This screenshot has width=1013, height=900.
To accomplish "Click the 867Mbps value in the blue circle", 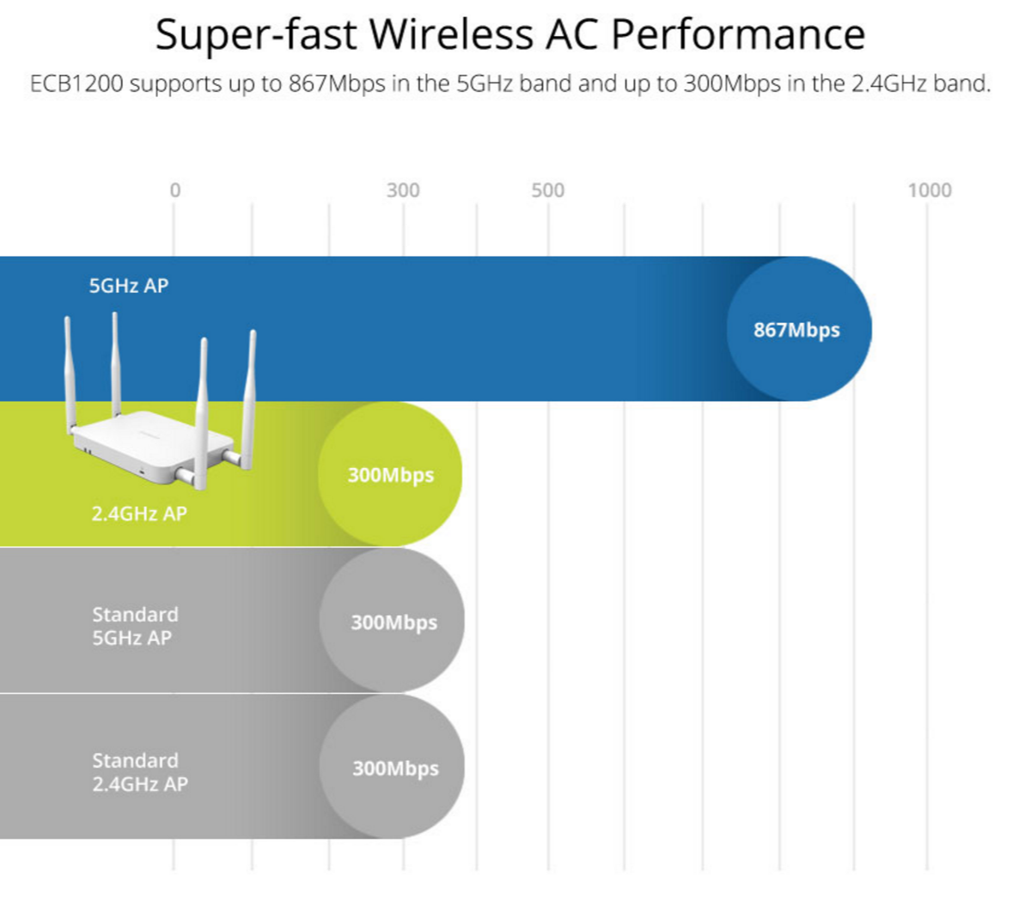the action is click(x=796, y=331).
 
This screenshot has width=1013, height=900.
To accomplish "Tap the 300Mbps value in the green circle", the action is click(x=391, y=476).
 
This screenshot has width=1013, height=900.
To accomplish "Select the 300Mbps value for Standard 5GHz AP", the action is click(x=394, y=623).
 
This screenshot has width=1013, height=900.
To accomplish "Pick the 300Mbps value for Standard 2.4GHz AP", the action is click(x=395, y=769).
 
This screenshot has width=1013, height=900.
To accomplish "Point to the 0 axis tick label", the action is click(x=175, y=191).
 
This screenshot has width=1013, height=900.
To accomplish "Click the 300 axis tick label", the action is click(x=403, y=191).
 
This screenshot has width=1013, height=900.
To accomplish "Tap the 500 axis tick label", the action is click(x=548, y=191).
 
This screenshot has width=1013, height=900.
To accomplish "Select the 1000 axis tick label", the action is click(x=930, y=191).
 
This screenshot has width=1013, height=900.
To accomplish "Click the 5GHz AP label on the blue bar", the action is click(x=129, y=286).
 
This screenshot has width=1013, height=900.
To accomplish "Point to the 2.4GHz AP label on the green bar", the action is click(x=139, y=514).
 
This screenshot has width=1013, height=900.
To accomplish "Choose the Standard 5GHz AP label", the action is click(x=135, y=626).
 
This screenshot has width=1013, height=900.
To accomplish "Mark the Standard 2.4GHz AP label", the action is click(x=140, y=772).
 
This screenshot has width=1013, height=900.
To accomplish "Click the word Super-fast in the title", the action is click(x=256, y=35).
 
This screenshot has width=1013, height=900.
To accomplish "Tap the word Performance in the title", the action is click(x=738, y=35).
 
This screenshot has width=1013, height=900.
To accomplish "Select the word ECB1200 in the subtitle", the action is click(x=76, y=84).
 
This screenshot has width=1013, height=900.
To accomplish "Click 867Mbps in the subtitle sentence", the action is click(x=337, y=84).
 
